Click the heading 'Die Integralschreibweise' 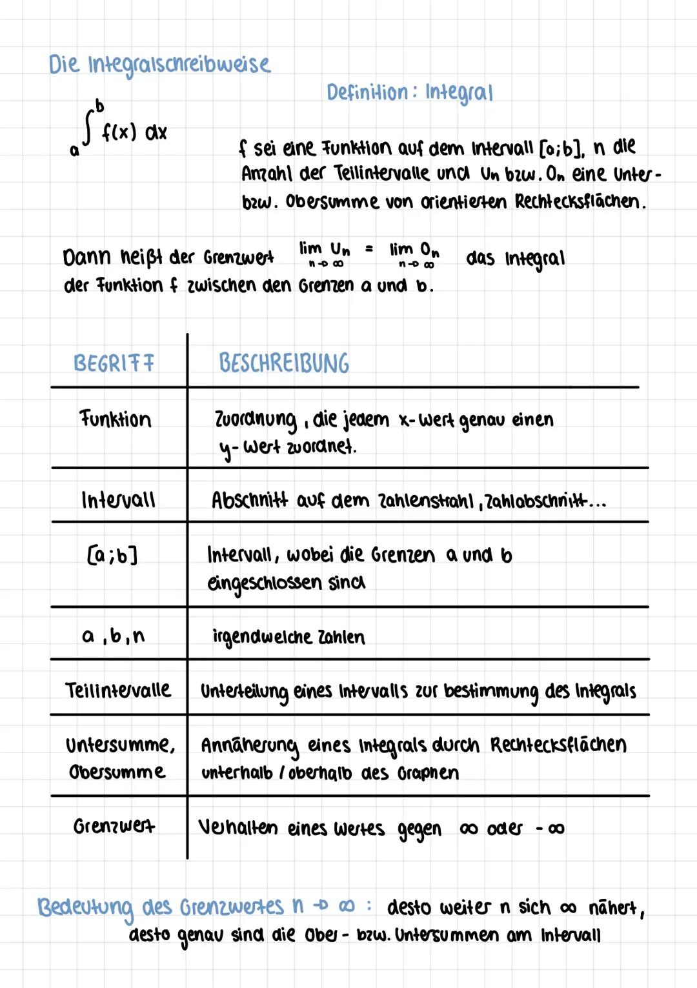[159, 65]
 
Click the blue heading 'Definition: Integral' [409, 93]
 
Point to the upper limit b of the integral [99, 105]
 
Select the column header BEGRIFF [114, 363]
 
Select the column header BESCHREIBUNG [284, 363]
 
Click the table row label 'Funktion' [116, 419]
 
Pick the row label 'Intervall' [118, 500]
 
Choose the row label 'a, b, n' [114, 636]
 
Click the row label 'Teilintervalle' [118, 691]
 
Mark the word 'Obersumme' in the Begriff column [117, 772]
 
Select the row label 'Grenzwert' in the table [114, 827]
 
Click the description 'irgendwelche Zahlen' [288, 637]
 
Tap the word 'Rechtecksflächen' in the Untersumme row [558, 745]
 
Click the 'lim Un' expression [324, 252]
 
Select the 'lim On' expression [414, 252]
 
